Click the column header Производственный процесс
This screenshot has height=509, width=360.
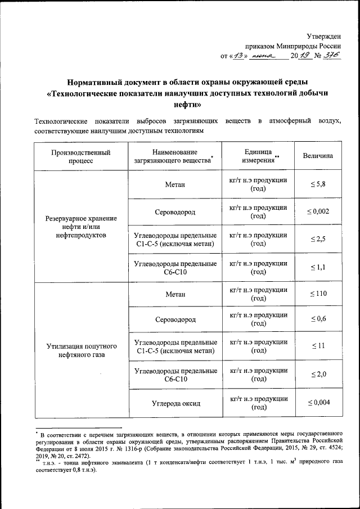(x=81, y=156)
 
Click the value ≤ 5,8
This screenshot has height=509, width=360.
(x=318, y=184)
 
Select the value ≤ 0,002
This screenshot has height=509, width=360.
(x=318, y=211)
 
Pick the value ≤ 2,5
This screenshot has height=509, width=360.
(x=318, y=239)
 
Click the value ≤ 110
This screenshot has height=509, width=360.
(x=318, y=294)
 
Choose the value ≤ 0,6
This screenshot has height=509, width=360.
(x=318, y=319)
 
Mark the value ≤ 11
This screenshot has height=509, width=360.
(x=318, y=346)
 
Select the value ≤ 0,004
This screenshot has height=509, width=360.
(x=318, y=403)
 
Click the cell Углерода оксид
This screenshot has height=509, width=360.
(x=176, y=403)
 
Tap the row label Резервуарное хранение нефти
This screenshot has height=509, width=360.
(x=81, y=226)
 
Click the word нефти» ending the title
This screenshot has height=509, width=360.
(x=180, y=105)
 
